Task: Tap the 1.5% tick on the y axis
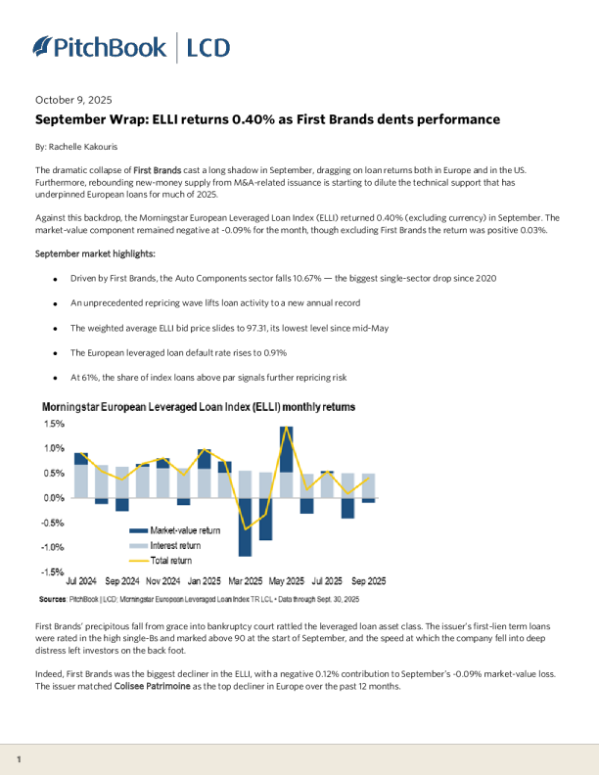point(53,425)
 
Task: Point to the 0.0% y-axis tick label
point(53,498)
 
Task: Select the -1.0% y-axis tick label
point(51,547)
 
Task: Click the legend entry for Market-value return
point(185,530)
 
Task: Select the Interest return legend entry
point(177,545)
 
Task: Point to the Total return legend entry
point(171,561)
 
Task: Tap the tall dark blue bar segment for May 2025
point(286,449)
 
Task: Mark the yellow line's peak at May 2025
point(286,428)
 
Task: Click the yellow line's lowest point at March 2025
point(245,529)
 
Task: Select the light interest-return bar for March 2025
point(245,484)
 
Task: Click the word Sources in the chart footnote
point(52,598)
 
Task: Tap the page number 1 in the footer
point(20,759)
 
